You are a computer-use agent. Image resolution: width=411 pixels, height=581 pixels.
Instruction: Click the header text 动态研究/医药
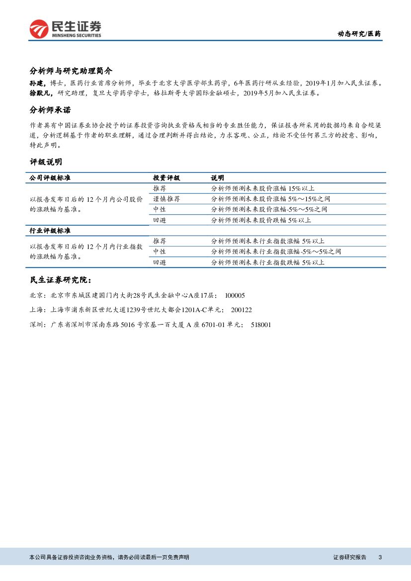359,34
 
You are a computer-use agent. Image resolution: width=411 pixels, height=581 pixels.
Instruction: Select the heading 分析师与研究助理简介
72,71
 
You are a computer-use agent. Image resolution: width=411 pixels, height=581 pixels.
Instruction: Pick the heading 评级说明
46,162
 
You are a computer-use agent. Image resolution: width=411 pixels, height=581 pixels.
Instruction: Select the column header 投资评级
166,177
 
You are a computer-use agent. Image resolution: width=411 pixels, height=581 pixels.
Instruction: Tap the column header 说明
217,177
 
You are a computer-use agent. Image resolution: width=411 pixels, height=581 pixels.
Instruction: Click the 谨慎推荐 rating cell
166,199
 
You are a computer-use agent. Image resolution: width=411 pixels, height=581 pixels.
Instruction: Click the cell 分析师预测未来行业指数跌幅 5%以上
267,262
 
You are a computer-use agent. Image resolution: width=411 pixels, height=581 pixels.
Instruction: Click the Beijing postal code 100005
235,295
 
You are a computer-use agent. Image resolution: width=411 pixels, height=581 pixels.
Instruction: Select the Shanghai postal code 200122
242,310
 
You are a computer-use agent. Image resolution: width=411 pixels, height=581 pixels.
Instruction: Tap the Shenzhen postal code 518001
261,325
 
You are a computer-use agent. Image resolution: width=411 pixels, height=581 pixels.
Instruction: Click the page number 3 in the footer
380,558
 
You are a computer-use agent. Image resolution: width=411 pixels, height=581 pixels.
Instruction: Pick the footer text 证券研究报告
349,558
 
